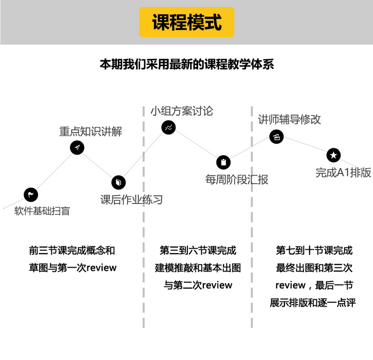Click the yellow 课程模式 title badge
tap(186, 22)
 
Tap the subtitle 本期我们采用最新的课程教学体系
tap(186, 64)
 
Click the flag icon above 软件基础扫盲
tap(31, 195)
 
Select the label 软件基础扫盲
tap(42, 211)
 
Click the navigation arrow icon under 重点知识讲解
tap(77, 148)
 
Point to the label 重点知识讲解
tap(91, 131)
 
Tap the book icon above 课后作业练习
tap(119, 182)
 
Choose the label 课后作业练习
tap(131, 200)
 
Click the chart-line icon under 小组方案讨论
tap(168, 127)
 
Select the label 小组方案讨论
tap(182, 111)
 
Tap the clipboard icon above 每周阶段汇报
tap(223, 162)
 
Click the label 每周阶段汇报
tap(237, 179)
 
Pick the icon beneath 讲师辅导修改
tap(276, 136)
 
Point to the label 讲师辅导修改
tap(289, 119)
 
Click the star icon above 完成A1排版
tap(333, 155)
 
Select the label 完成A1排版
tap(343, 172)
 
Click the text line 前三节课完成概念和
tap(72, 250)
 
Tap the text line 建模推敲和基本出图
tap(198, 268)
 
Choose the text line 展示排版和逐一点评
tap(313, 303)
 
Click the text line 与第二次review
tap(198, 285)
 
